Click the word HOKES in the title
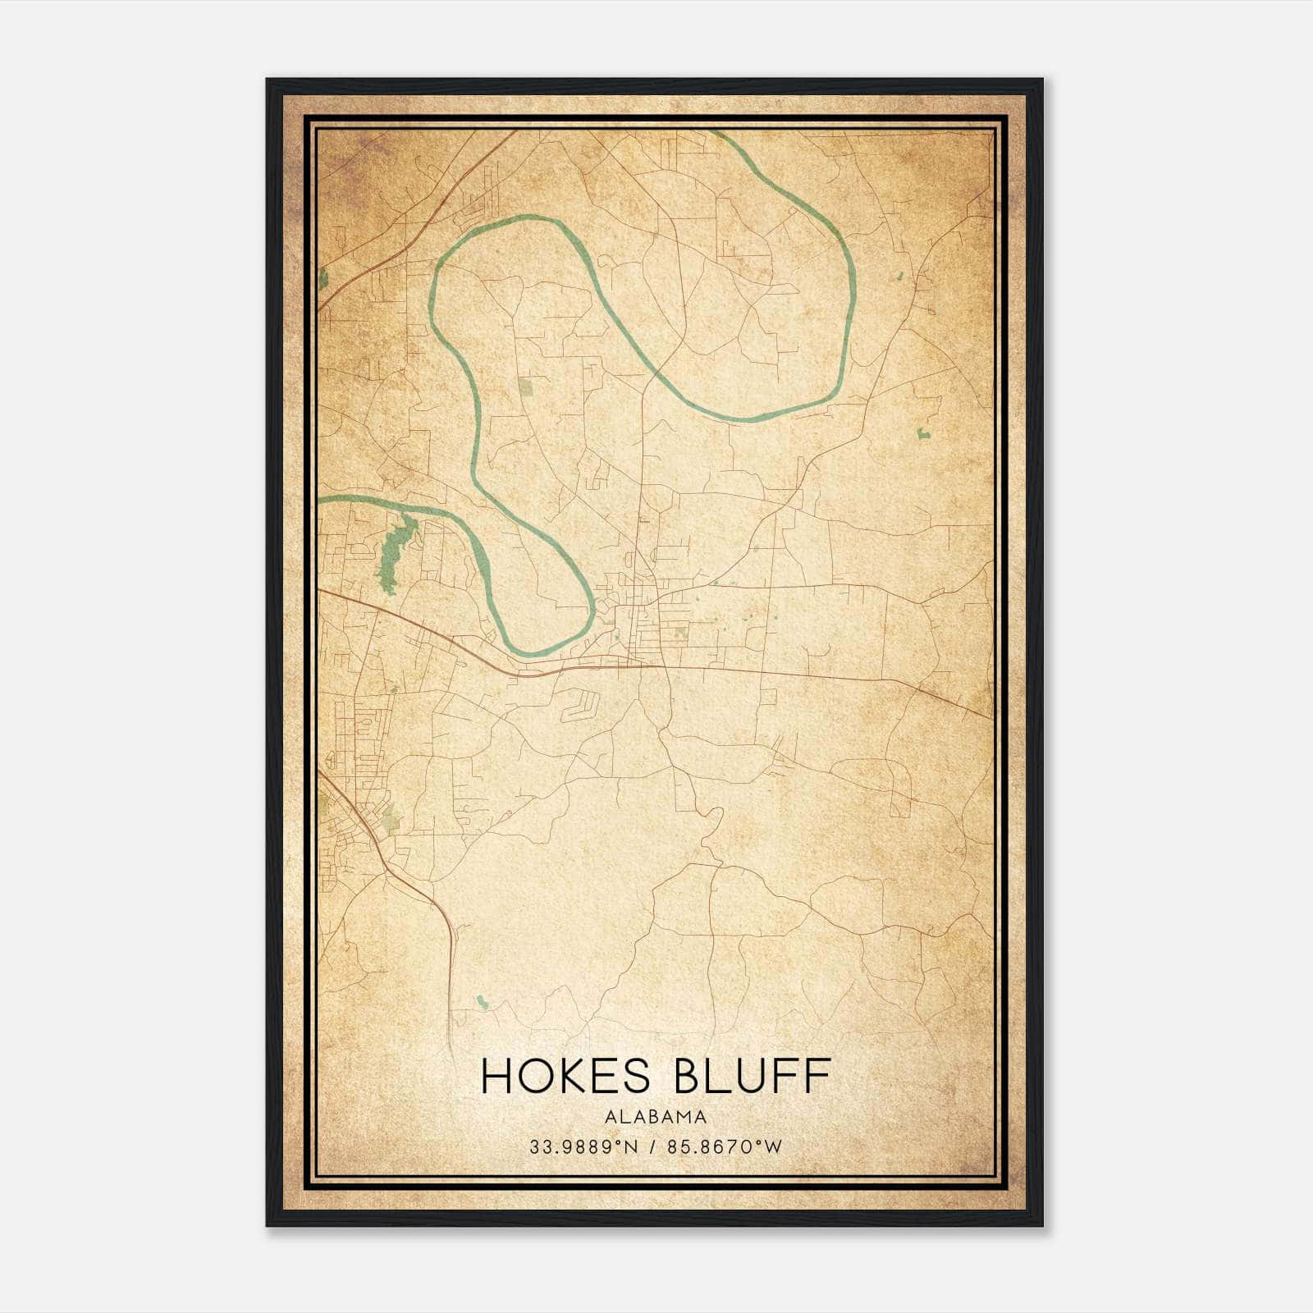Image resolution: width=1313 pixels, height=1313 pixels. click(x=570, y=1076)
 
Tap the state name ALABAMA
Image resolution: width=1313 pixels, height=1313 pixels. click(x=656, y=1117)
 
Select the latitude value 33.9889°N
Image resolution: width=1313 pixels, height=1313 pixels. click(x=583, y=1146)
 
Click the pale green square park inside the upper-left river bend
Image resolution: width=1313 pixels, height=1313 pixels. click(x=525, y=385)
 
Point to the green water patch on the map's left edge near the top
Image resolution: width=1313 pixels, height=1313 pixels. click(x=323, y=279)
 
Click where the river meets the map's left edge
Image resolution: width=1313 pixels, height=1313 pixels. click(x=320, y=498)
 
